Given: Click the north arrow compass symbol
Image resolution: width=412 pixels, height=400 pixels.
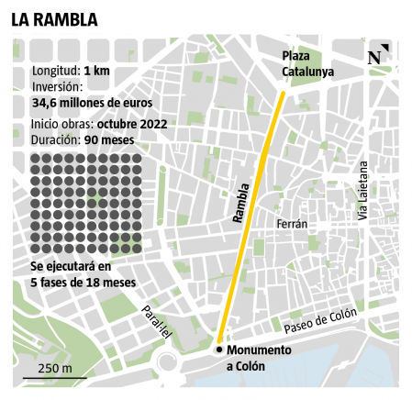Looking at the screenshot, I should [377, 56].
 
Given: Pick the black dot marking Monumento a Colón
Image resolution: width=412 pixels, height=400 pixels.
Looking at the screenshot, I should [218, 350].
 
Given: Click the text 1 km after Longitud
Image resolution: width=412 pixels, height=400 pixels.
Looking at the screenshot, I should [98, 71].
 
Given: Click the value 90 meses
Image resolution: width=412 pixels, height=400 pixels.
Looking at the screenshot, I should [108, 140].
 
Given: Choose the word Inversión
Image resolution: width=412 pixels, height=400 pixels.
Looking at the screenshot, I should [58, 86].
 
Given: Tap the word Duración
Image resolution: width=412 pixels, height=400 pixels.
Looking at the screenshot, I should [54, 140].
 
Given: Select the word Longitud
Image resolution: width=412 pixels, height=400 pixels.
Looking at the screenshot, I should [55, 71].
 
